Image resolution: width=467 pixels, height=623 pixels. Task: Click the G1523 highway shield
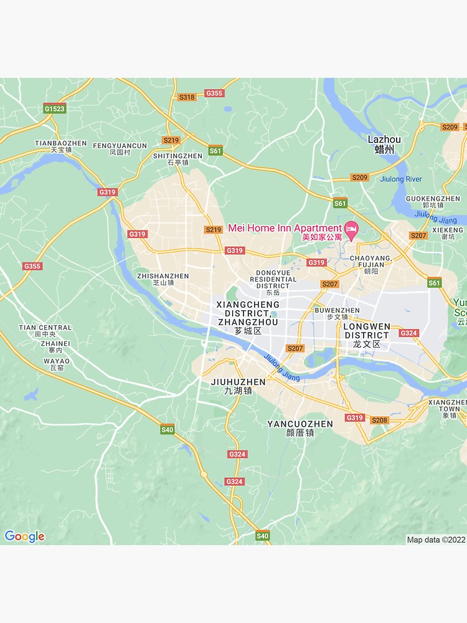click(54, 108)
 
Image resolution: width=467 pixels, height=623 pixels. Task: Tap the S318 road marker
click(187, 97)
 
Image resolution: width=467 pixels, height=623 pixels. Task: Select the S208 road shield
click(379, 421)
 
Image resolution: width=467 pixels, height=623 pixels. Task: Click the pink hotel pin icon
click(352, 229)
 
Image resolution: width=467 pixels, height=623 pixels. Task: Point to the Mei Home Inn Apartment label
click(285, 228)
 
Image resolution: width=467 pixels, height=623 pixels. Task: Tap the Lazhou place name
click(384, 140)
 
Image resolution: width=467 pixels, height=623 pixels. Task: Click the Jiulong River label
click(400, 179)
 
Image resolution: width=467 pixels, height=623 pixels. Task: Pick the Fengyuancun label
click(120, 146)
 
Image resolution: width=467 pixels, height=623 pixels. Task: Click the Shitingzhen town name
click(177, 156)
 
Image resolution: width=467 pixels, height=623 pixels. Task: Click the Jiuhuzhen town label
click(238, 382)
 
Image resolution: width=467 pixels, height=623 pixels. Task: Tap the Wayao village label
click(56, 361)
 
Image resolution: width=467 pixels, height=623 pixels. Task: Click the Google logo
click(24, 536)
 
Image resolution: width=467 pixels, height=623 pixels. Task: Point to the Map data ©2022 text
click(436, 540)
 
